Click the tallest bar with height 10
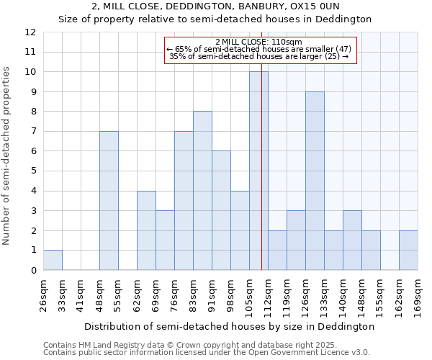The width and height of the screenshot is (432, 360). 258,171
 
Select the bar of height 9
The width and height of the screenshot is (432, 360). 315,181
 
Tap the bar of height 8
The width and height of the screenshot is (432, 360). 202,191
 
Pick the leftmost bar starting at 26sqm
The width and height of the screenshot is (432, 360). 53,260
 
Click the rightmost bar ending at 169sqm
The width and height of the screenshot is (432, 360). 408,250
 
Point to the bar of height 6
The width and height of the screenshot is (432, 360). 221,210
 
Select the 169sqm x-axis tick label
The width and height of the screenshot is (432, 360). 418,294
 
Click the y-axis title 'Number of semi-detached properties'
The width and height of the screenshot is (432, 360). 7,156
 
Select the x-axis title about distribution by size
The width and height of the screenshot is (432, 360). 229,326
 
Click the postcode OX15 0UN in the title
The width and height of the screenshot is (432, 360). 336,6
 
